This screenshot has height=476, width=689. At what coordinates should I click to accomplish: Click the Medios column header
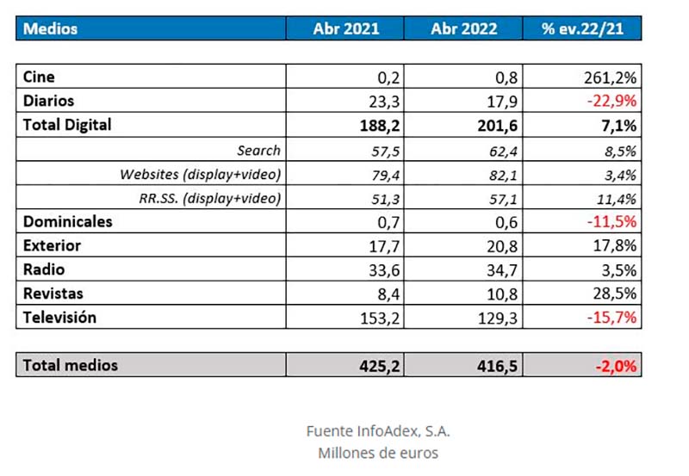tap(51, 28)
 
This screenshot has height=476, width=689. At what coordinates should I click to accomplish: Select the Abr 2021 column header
tap(345, 28)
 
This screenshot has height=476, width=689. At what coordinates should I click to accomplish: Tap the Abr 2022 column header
tap(464, 28)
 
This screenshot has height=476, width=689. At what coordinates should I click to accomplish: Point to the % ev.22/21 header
tap(582, 28)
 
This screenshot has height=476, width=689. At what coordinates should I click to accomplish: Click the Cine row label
tap(39, 77)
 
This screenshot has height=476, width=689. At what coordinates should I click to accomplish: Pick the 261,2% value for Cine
tap(611, 77)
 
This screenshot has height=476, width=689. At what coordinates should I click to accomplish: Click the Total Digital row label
tap(67, 125)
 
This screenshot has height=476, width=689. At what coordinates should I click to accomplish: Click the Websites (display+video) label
tap(200, 174)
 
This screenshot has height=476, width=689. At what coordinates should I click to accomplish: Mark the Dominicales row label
tap(68, 221)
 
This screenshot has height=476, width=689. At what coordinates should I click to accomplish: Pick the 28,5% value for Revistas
tap(614, 294)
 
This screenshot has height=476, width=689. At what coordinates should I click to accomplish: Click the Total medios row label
tap(71, 365)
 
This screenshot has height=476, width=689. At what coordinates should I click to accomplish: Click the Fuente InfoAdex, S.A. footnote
tap(378, 430)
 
